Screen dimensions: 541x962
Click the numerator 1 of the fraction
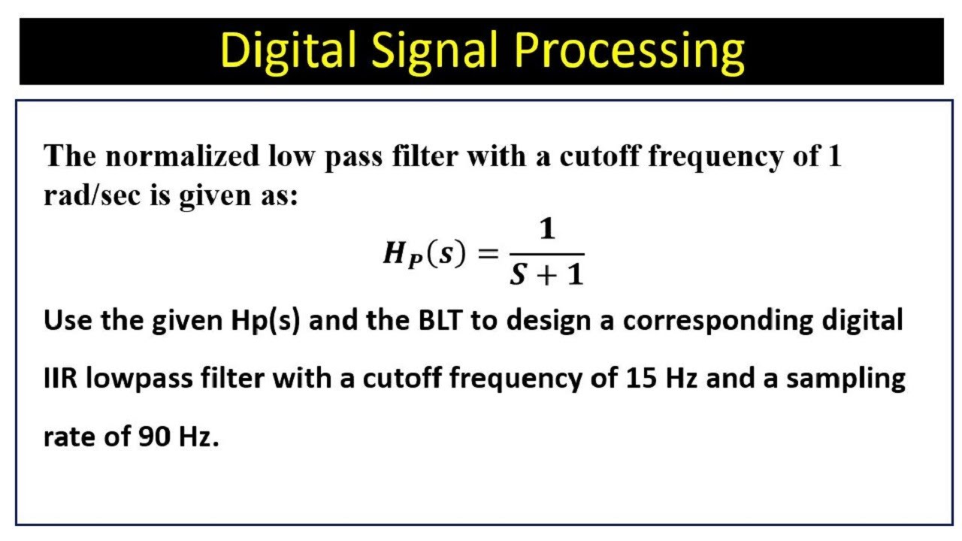coord(547,230)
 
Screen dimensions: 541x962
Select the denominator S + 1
coord(546,275)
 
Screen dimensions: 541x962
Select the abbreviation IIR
coord(60,379)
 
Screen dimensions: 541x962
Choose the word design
coord(548,321)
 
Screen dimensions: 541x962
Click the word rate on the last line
coord(69,437)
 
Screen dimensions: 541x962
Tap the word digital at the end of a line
coord(861,321)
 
